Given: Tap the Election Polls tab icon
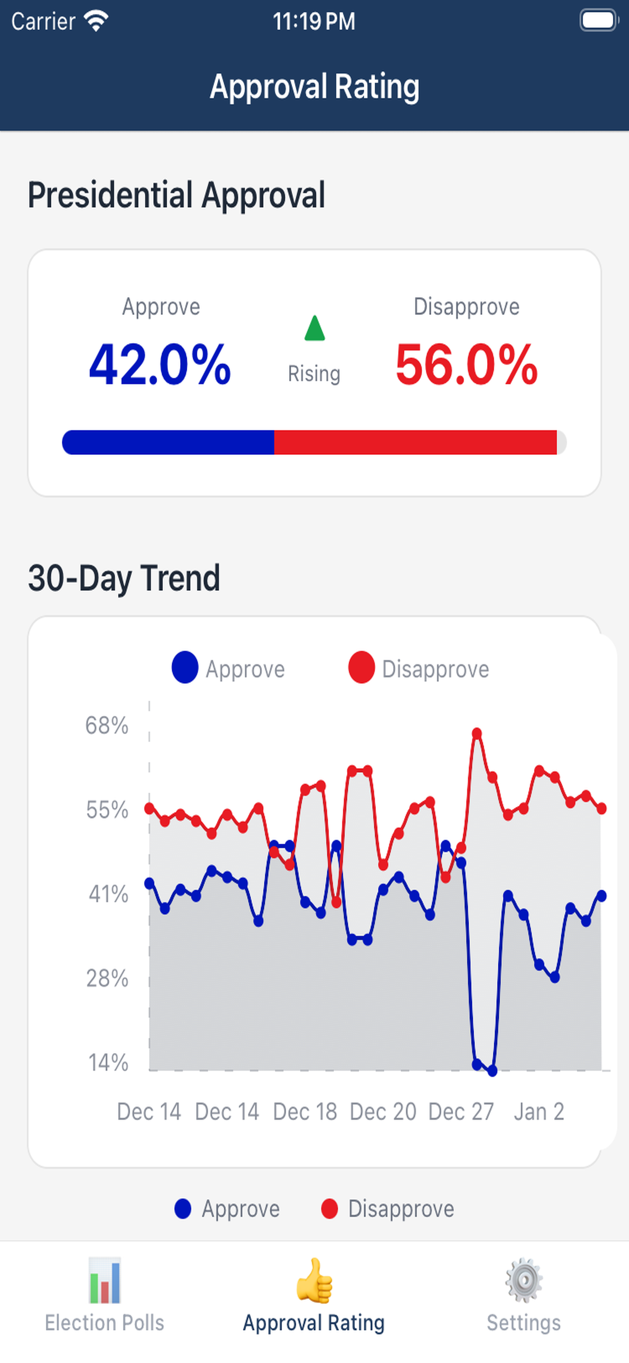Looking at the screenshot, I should coord(105,1281).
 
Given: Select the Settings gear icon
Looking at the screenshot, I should coord(524,1281).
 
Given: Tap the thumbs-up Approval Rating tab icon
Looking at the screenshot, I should coord(314,1281).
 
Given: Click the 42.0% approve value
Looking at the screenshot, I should coord(160,365).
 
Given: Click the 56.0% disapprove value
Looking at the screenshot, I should coord(467,365).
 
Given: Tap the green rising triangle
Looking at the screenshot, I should coord(314,329).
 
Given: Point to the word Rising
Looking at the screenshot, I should coord(314,373).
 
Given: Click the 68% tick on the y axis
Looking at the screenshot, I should coord(107,725).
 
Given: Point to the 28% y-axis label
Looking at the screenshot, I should coord(107,978).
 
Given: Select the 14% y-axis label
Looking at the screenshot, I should coord(108,1062).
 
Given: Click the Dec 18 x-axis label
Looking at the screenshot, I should coord(305,1111).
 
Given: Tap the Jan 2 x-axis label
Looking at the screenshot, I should coord(539,1111).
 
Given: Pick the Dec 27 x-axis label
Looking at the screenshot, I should coord(461,1111).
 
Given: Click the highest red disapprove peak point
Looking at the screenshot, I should coord(477,733).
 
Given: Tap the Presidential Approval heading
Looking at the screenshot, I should coord(177,195).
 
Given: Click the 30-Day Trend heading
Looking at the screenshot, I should coord(124,578).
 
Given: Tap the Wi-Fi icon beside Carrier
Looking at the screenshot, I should coord(97,21).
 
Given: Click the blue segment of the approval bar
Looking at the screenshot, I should coord(168,442).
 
